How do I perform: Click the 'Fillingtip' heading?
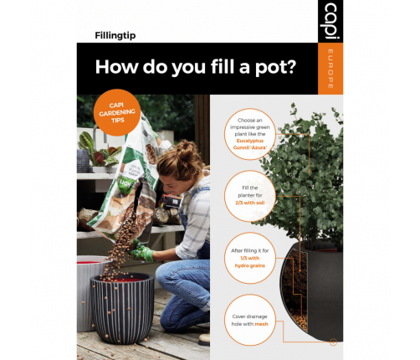point(115,36)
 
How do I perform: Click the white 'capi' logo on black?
point(330,22)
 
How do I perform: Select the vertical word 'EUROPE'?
point(330,69)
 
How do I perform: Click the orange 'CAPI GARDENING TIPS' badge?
point(117,112)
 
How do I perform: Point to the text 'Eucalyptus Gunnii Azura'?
point(250,144)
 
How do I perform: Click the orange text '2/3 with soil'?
point(250,203)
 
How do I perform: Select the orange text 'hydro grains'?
point(250,265)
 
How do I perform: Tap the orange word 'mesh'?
point(261,324)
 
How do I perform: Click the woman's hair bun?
point(185,147)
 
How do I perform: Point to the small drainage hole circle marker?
point(333,342)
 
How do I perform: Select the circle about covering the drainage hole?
point(250,320)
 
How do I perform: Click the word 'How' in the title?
point(116,67)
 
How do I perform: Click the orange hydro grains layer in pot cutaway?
point(299,319)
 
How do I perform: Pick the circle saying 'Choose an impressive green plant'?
point(250,134)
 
